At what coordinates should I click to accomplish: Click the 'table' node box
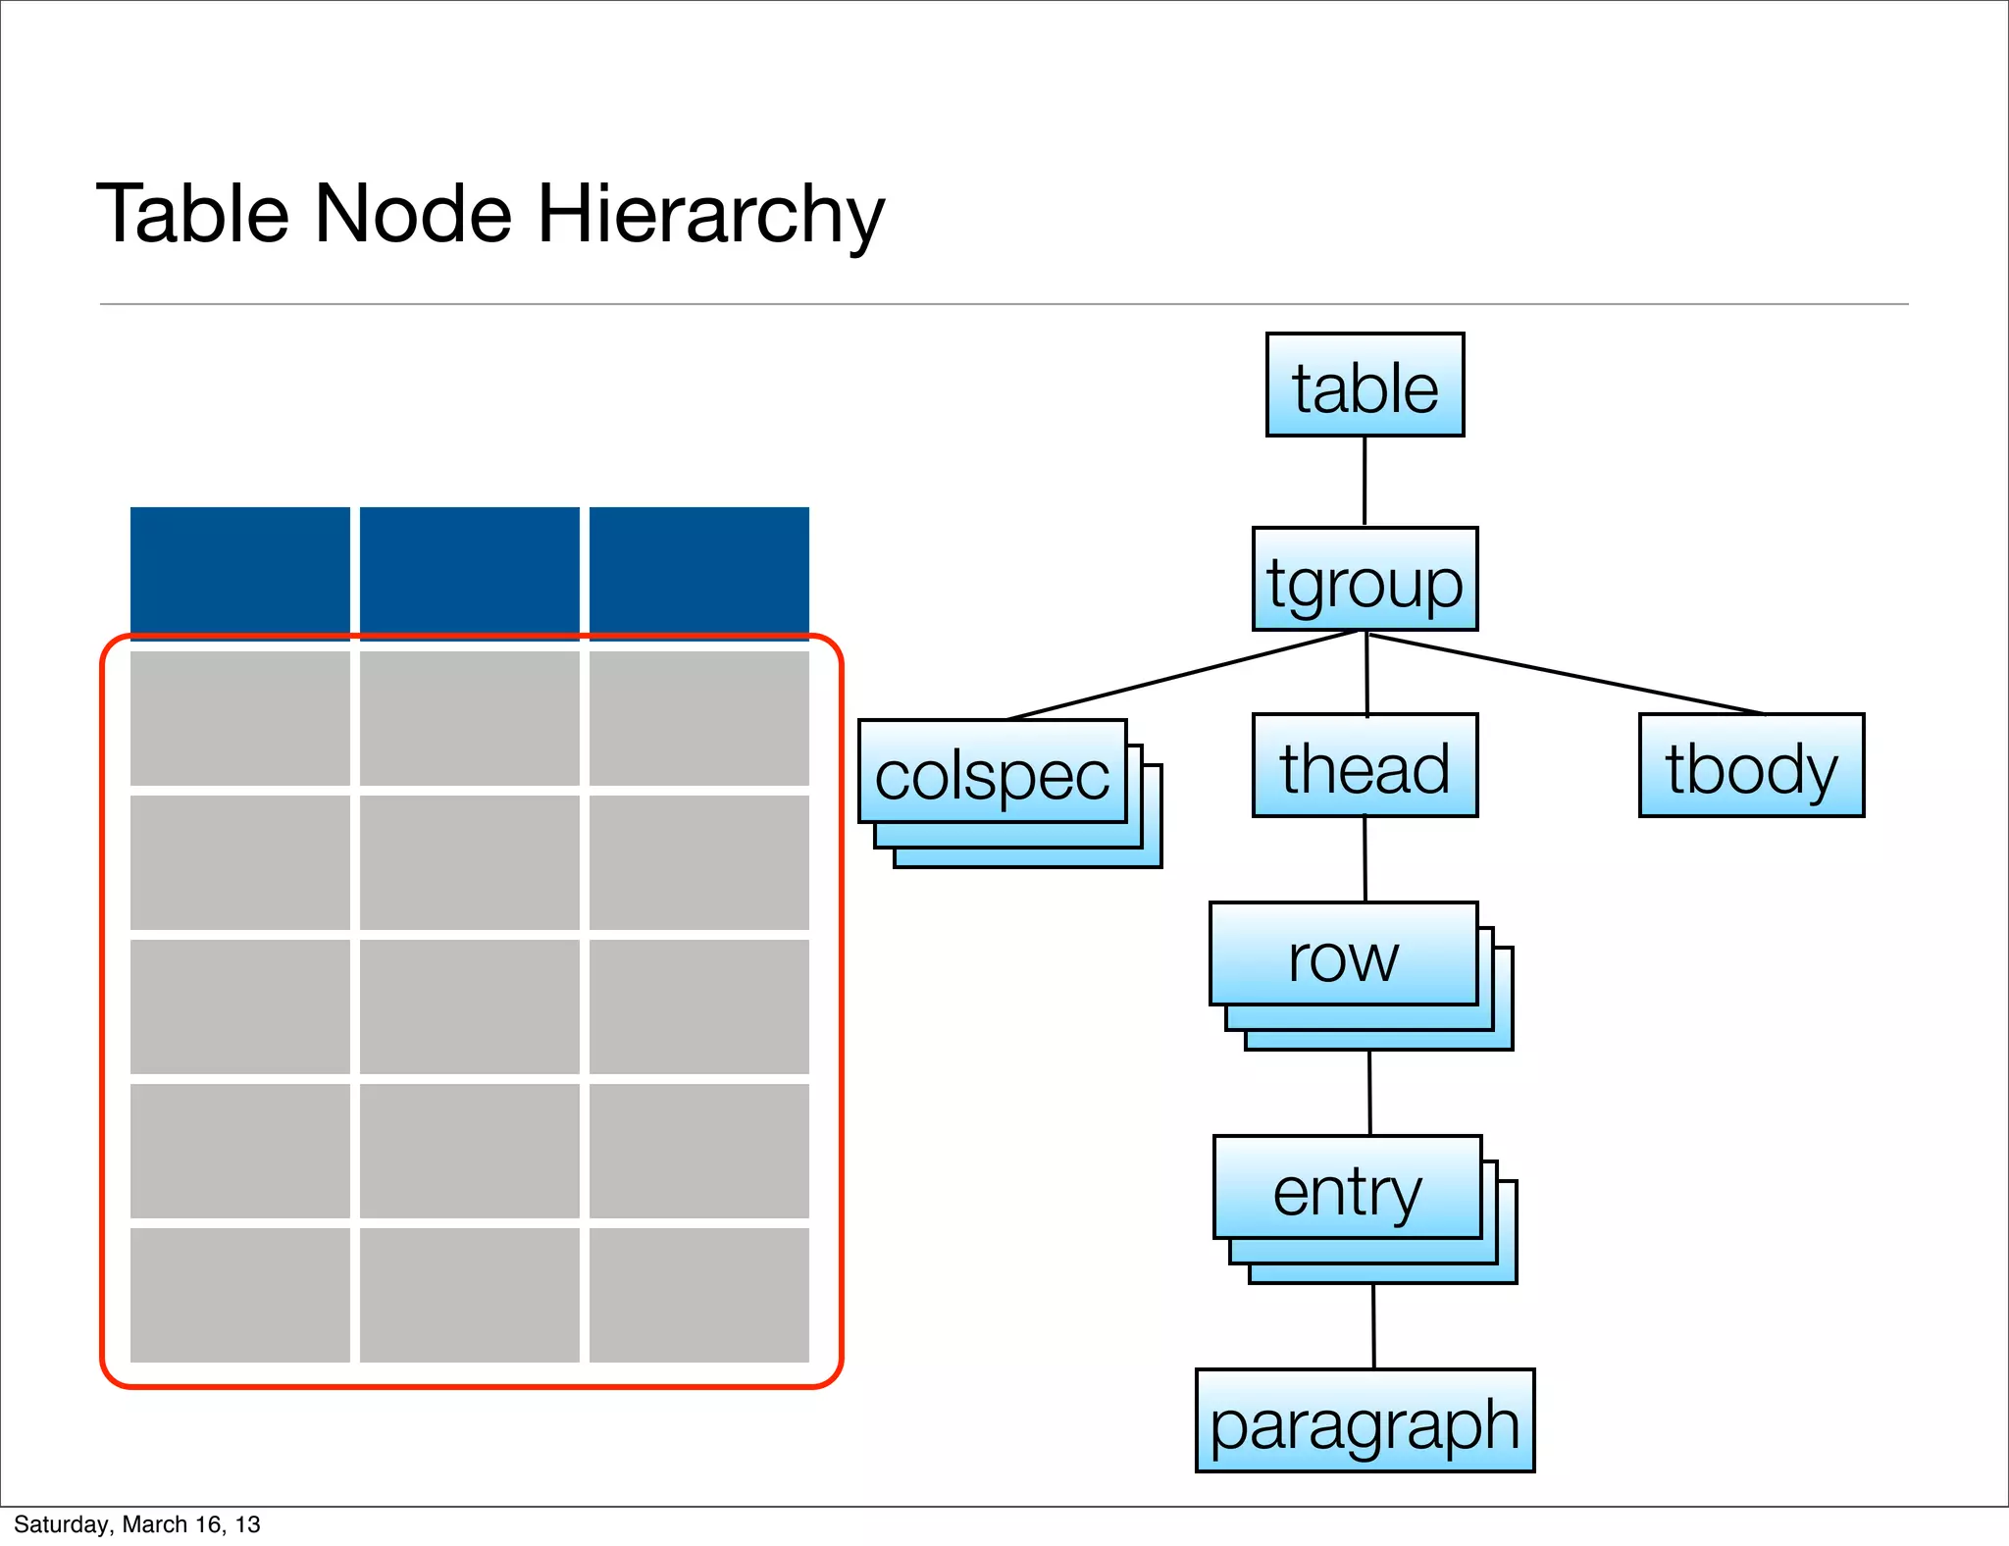pos(1365,386)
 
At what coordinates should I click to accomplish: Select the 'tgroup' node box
pos(1365,580)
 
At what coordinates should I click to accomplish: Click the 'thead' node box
pos(1365,766)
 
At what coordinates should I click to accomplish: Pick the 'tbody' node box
pos(1751,766)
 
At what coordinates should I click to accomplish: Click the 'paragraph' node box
pos(1365,1421)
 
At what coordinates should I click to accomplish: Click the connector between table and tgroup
pos(1365,482)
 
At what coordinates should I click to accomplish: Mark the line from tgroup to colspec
pos(1182,676)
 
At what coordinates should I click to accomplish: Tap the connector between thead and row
pos(1365,859)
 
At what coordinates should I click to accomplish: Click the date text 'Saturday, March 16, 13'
pos(137,1524)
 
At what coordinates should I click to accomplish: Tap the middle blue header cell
pos(469,570)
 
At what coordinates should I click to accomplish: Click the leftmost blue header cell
pos(239,570)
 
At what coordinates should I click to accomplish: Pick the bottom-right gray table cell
pos(698,1295)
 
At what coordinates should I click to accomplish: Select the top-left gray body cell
pos(239,718)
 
